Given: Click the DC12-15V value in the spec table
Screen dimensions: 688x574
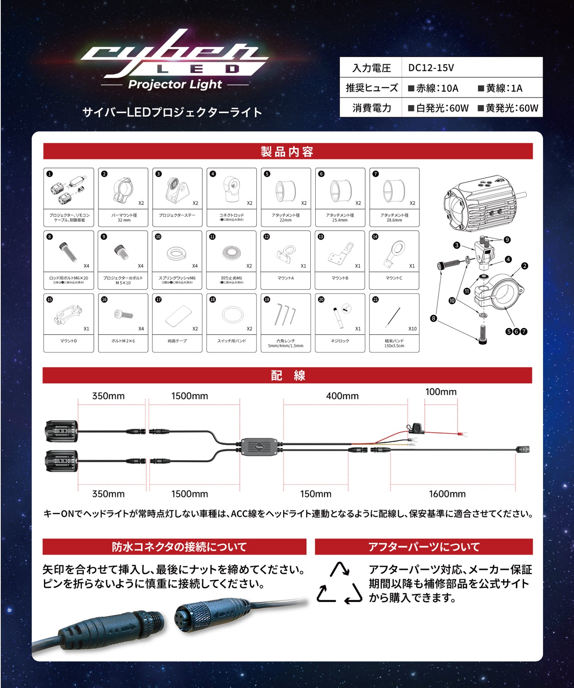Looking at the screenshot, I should click(431, 68).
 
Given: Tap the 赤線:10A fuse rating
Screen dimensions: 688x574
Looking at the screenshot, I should click(433, 88).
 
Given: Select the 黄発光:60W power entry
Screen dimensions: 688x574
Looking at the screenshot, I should click(508, 108).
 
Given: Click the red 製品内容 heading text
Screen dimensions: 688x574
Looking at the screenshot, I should click(287, 152).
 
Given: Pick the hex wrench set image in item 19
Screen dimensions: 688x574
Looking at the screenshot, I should click(285, 313).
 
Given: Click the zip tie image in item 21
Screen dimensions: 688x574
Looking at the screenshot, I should click(393, 317).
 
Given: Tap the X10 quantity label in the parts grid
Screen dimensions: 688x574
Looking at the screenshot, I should click(412, 329).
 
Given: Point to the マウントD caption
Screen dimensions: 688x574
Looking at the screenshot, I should click(68, 341).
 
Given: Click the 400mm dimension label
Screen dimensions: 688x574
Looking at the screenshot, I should click(342, 396).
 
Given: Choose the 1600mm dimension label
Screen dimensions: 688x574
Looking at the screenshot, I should click(447, 494).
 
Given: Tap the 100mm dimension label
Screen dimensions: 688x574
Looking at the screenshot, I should click(441, 392).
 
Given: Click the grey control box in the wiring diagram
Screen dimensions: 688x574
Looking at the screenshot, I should click(259, 447).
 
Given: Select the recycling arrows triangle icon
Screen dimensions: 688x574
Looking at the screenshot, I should click(339, 583).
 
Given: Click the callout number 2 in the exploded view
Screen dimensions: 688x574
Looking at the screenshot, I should click(524, 266).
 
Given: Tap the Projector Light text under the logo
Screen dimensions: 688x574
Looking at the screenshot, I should click(175, 85).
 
